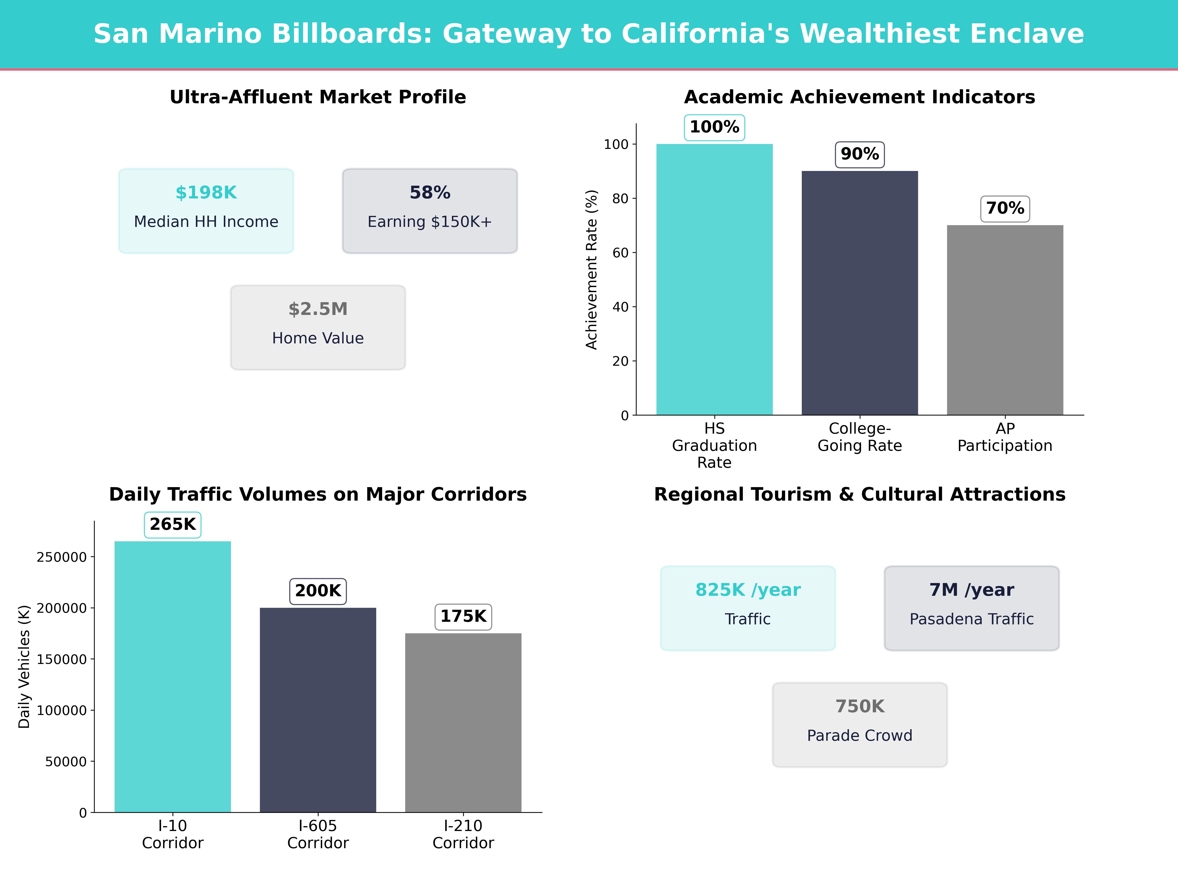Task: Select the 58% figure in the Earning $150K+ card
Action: tap(430, 193)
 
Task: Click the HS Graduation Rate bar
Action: tap(714, 279)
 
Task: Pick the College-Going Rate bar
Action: tap(859, 293)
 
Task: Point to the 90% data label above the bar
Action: tap(859, 154)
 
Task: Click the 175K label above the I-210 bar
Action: tap(463, 616)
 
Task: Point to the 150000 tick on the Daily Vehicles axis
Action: tap(61, 660)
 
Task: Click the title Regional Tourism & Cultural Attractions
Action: tap(859, 494)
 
